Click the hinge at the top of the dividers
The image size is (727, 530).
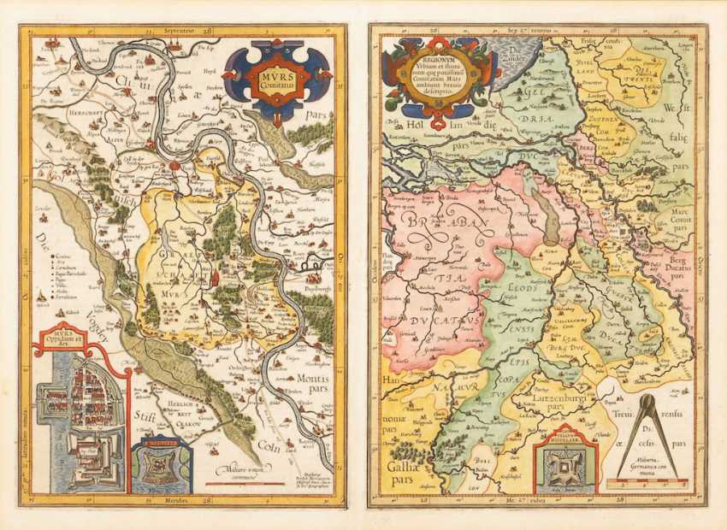[647, 399]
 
